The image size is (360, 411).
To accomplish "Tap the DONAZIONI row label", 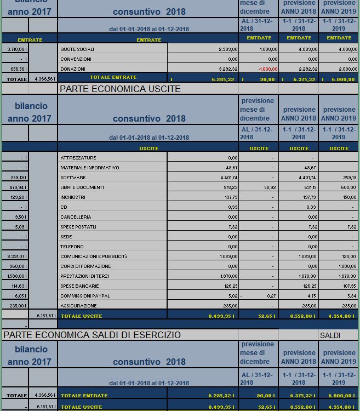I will [73, 69].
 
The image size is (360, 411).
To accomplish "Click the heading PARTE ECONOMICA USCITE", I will [119, 89].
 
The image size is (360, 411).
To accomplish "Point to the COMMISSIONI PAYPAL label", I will [85, 296].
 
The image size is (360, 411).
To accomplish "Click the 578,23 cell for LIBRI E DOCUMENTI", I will [228, 187].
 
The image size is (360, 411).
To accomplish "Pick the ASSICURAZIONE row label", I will [78, 306].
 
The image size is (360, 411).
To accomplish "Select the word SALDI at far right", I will [330, 335].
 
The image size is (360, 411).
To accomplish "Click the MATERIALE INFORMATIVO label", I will [89, 168].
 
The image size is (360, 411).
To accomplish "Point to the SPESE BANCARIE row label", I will [79, 286].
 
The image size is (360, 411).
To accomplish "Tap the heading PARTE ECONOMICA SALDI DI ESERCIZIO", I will [92, 335].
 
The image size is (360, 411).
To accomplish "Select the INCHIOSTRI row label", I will [73, 197].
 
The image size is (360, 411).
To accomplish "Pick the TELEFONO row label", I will [72, 247].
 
